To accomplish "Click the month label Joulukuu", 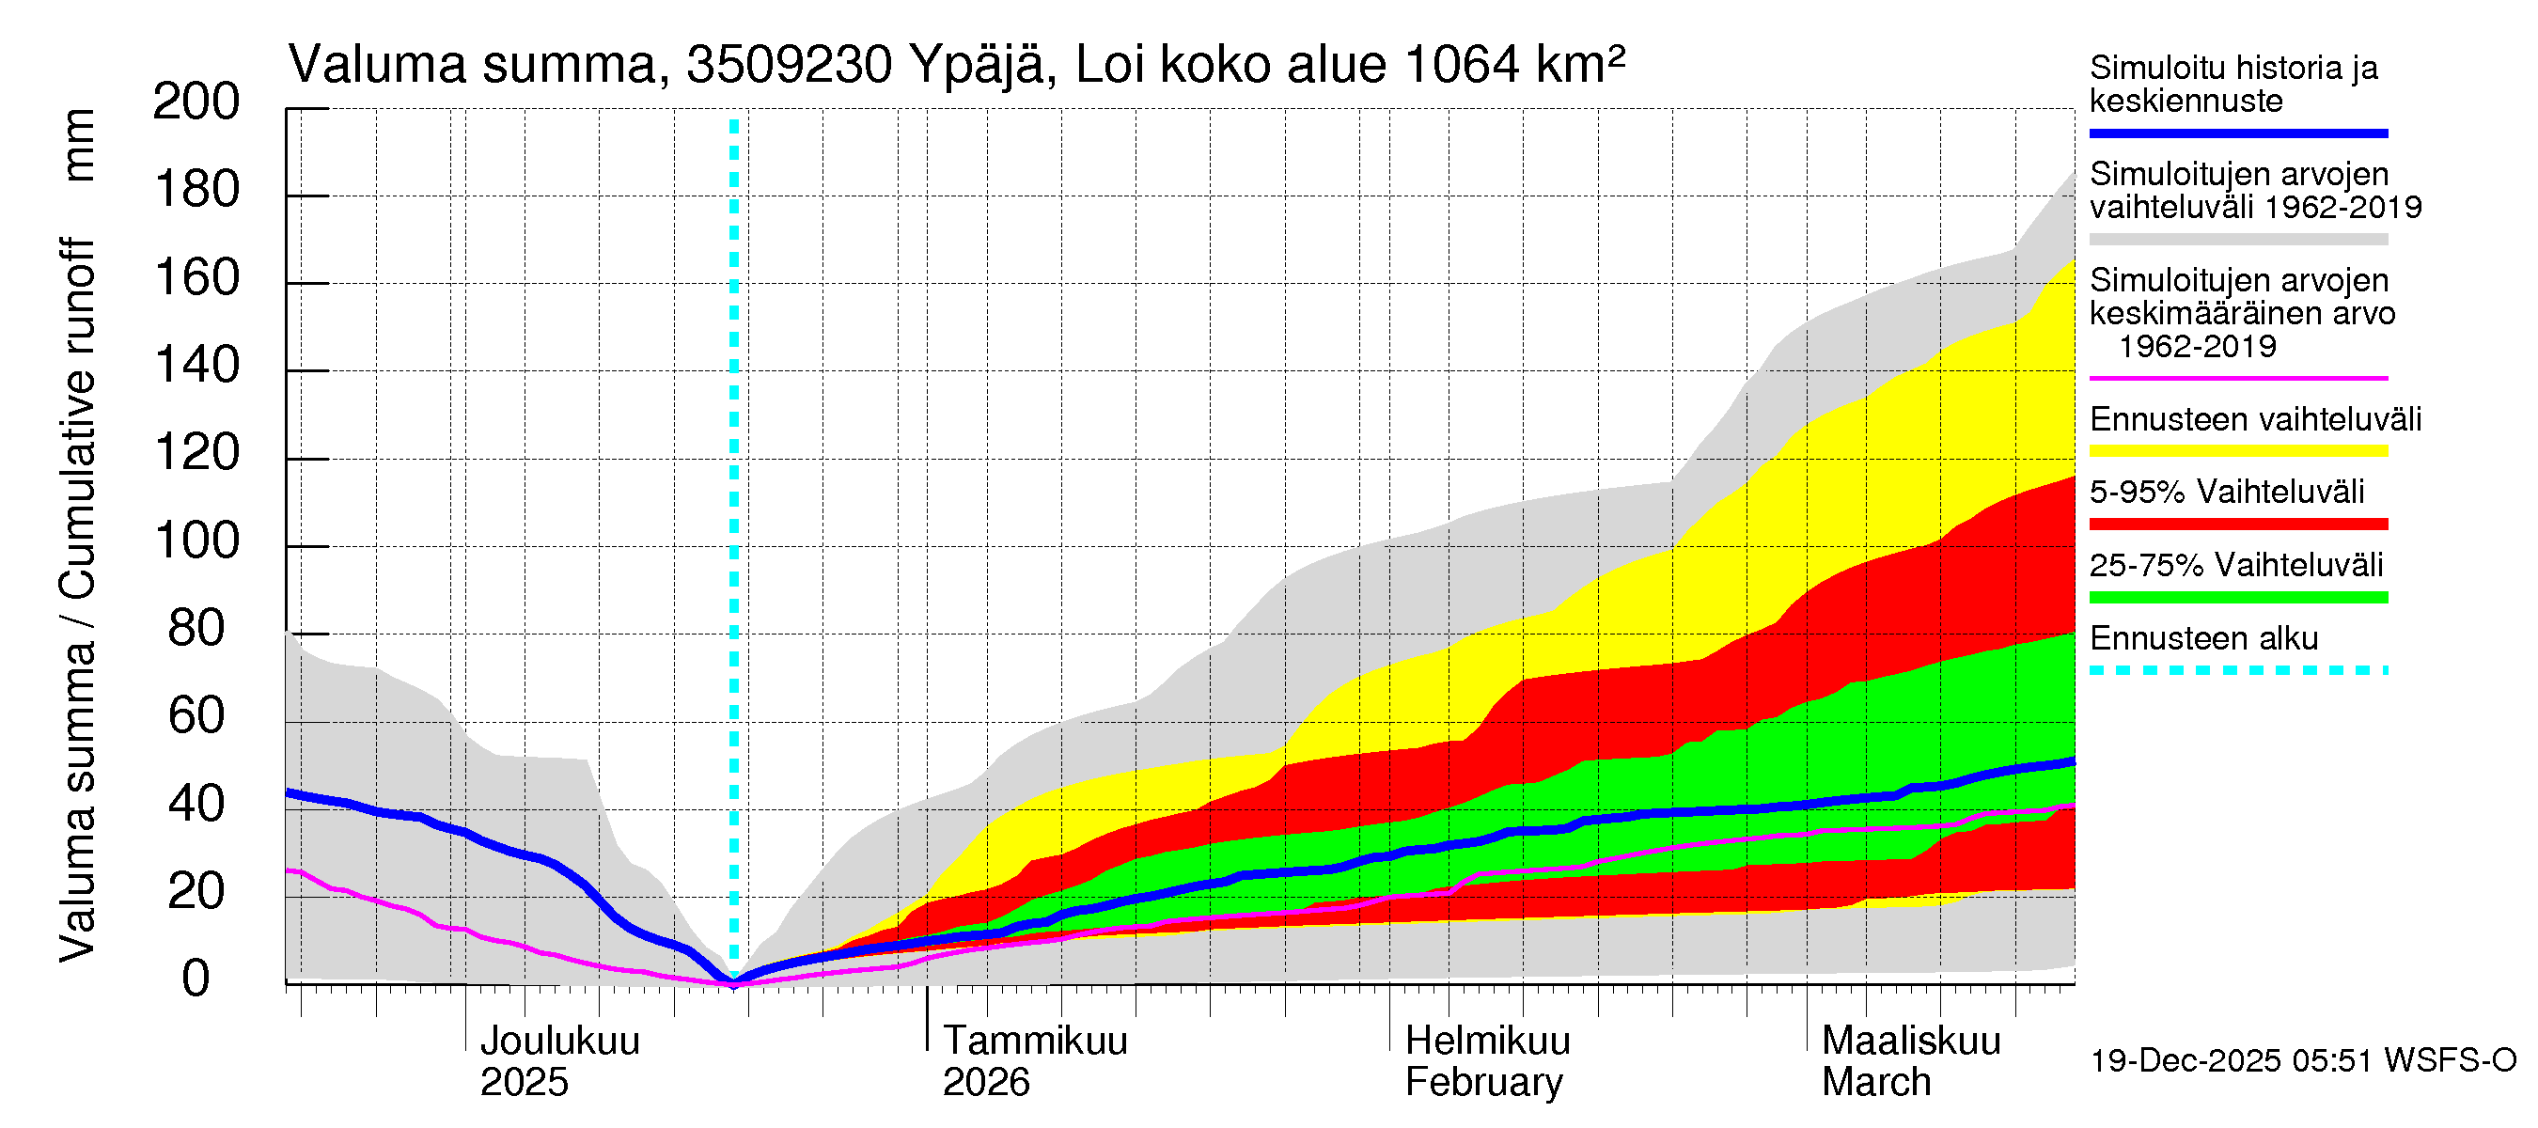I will [558, 1042].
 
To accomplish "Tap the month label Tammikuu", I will [1035, 1042].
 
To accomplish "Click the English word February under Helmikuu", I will [1482, 1083].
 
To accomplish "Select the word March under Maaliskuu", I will [1876, 1083].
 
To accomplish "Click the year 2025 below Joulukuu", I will [524, 1083].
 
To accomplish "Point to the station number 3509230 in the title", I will [789, 66].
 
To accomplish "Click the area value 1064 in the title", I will [1461, 66].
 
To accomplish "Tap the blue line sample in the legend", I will [2237, 133].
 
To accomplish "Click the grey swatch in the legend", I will [2237, 240].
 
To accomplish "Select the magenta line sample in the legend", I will [2237, 378].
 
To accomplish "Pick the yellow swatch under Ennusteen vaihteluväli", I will [2237, 451].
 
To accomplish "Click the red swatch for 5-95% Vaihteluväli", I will [2237, 525].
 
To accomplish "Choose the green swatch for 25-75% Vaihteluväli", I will [2237, 597].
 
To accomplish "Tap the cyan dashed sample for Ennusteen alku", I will [2237, 671].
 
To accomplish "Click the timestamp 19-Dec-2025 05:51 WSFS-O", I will [2302, 1061].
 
